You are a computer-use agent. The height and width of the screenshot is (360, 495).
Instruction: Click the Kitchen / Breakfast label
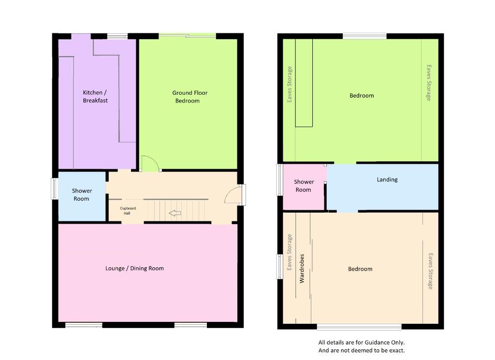pyautogui.click(x=95, y=97)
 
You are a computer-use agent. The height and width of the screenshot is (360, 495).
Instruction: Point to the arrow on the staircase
pyautogui.click(x=175, y=213)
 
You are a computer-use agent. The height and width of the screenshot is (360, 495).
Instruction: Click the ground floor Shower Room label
pyautogui.click(x=82, y=195)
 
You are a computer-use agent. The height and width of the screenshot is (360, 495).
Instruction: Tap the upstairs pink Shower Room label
pyautogui.click(x=304, y=186)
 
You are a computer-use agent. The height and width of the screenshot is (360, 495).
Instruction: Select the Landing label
pyautogui.click(x=387, y=180)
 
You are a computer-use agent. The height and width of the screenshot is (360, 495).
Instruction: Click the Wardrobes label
pyautogui.click(x=302, y=268)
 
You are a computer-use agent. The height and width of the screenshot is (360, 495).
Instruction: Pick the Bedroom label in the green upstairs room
pyautogui.click(x=362, y=96)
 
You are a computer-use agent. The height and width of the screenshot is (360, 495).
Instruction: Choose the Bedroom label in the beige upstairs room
pyautogui.click(x=360, y=269)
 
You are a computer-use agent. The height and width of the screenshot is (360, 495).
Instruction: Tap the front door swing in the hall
pyautogui.click(x=233, y=195)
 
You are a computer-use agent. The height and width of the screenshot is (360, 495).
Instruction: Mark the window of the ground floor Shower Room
pyautogui.click(x=55, y=188)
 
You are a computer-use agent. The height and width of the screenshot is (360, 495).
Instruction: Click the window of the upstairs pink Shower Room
pyautogui.click(x=279, y=180)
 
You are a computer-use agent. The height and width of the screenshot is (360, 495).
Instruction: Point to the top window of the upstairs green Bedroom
pyautogui.click(x=364, y=36)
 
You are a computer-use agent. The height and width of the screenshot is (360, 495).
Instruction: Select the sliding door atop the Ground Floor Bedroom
pyautogui.click(x=187, y=35)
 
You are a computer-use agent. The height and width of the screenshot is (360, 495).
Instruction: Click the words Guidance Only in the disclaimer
pyautogui.click(x=383, y=343)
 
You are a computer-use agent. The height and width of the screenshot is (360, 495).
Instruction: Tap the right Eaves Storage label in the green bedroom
pyautogui.click(x=428, y=83)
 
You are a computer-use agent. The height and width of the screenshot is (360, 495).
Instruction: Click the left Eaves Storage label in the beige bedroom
pyautogui.click(x=290, y=252)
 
